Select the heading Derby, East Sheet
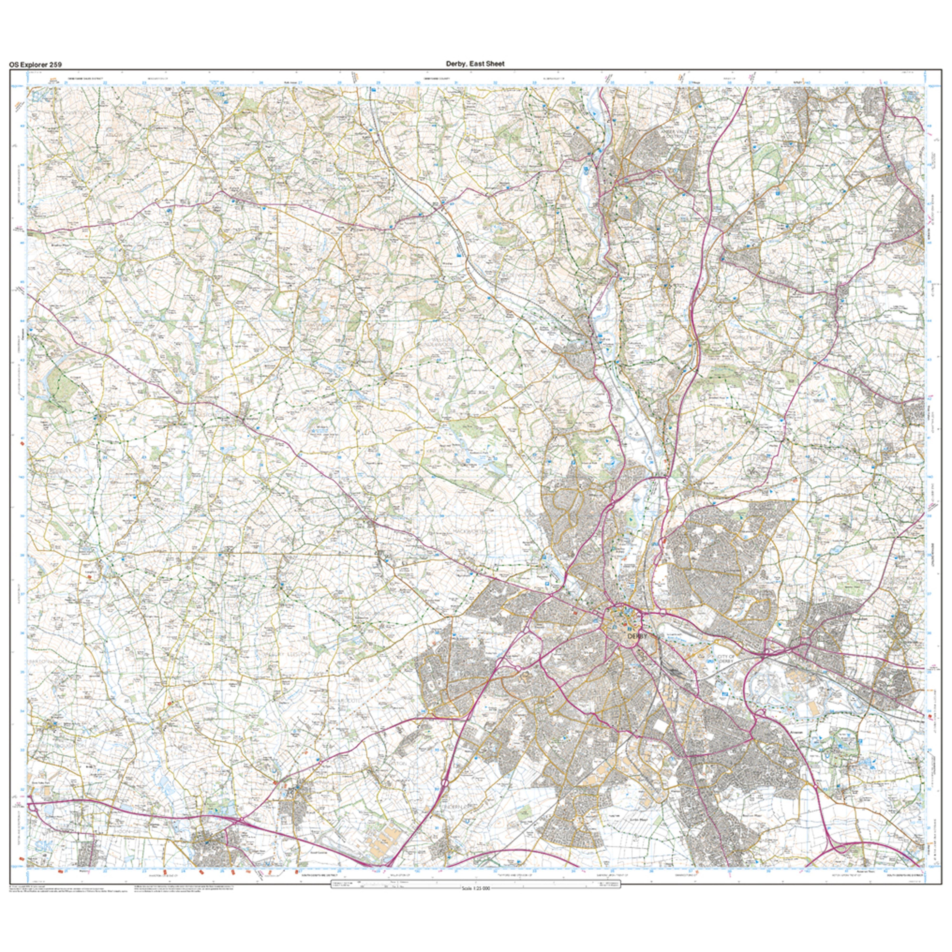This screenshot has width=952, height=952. click(475, 64)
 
